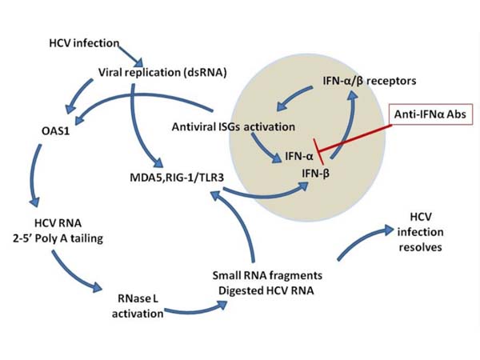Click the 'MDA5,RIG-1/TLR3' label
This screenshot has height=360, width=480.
click(156, 175)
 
